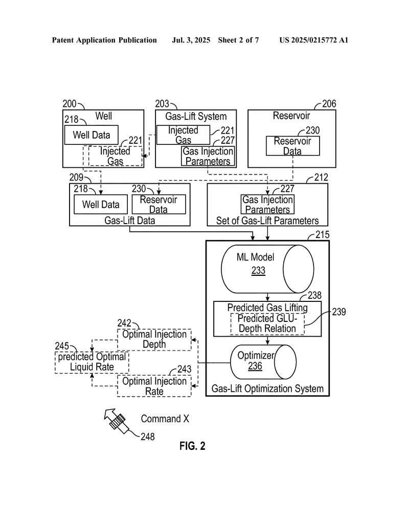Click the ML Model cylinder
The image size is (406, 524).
click(267, 269)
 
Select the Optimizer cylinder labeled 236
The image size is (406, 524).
click(263, 362)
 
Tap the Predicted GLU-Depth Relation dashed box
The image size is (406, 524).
click(267, 324)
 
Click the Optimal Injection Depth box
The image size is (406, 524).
click(154, 340)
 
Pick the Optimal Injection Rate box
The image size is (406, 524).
click(154, 386)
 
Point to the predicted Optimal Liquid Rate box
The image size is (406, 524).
click(92, 362)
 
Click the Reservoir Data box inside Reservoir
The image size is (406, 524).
click(292, 146)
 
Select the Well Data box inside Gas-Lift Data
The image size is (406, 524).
click(101, 204)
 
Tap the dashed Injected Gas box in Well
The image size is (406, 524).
click(115, 156)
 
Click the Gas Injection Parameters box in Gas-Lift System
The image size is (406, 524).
click(208, 156)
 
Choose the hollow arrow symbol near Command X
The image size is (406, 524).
click(116, 421)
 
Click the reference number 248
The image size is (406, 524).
click(148, 436)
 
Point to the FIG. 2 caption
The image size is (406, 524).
click(192, 446)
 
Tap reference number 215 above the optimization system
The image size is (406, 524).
click(322, 234)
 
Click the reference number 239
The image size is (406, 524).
click(339, 312)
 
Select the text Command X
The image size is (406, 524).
click(165, 419)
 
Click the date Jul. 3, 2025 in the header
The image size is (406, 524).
click(191, 40)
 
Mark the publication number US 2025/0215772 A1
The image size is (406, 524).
click(314, 40)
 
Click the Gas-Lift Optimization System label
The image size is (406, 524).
click(267, 389)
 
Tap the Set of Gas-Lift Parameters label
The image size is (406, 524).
click(267, 221)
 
